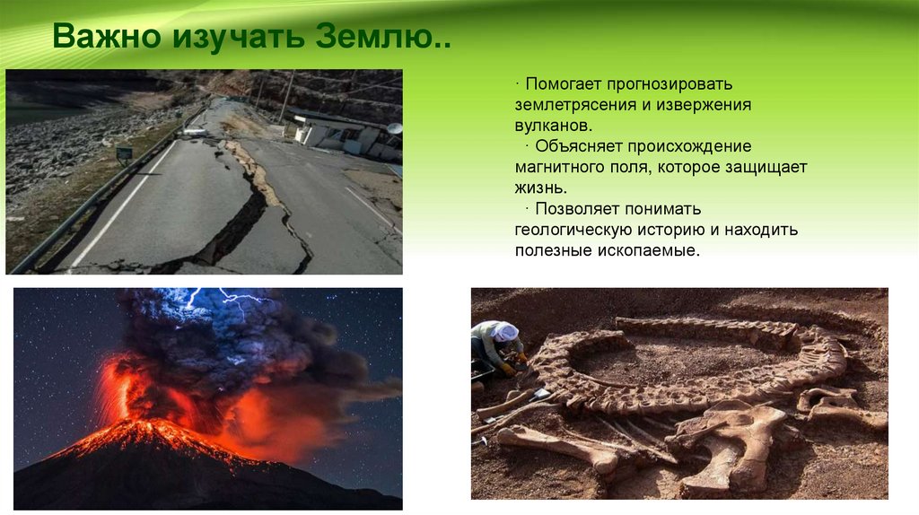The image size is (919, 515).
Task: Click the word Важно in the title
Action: [x=107, y=36]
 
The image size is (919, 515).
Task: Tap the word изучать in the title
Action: [x=239, y=38]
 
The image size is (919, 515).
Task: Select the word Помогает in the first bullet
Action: [x=564, y=83]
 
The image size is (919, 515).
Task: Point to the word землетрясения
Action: [x=579, y=105]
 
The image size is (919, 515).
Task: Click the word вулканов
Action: [x=554, y=126]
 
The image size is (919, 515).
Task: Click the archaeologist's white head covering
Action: [x=504, y=331]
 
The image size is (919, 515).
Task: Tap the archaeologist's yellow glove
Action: [x=508, y=369]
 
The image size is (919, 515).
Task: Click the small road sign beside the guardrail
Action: [x=124, y=153]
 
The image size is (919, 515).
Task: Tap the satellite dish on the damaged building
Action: [x=394, y=128]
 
